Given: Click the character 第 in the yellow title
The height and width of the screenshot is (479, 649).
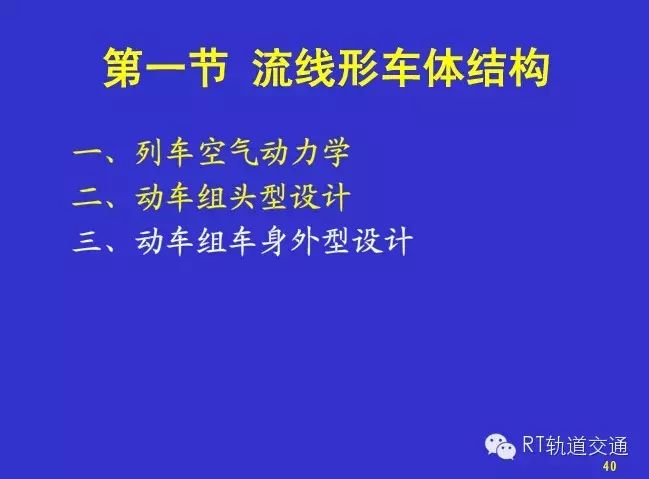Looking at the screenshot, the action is tap(124, 68).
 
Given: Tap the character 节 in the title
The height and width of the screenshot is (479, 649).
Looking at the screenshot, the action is tap(208, 68).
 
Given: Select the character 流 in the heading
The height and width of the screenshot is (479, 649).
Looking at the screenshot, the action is tap(274, 68).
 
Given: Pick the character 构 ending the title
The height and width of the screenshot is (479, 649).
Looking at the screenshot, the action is tap(528, 68).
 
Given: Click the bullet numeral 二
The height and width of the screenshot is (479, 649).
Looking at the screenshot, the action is tap(87, 197).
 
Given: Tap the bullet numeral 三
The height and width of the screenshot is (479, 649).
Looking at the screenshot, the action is tap(87, 241).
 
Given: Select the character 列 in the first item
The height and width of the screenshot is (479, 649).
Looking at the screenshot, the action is tap(149, 153).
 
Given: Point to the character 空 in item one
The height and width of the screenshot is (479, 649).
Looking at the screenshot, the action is tap(212, 153).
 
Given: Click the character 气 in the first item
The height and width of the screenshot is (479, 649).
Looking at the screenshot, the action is tap(243, 153).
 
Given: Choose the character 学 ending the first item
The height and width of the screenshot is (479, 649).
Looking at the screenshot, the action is tap(336, 153).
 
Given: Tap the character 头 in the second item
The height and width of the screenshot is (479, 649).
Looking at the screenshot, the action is tap(243, 197).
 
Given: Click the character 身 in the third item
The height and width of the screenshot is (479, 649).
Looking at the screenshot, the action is tap(274, 241).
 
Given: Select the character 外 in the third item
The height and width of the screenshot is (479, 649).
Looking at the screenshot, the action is tap(305, 241).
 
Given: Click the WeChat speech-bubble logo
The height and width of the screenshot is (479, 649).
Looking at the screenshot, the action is tap(500, 446).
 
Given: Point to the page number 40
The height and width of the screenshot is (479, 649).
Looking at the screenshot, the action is tap(610, 466).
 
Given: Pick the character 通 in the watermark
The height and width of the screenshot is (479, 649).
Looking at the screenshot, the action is tap(618, 445).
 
